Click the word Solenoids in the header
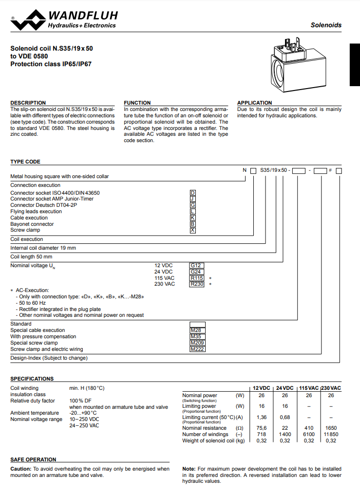click(x=326, y=25)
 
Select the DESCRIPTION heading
click(x=28, y=103)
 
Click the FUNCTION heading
click(x=137, y=103)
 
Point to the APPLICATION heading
click(x=254, y=103)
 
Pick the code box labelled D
click(x=193, y=193)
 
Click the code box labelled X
click(x=193, y=230)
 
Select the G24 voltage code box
click(x=196, y=272)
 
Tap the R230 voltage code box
click(x=197, y=284)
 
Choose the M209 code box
click(x=197, y=343)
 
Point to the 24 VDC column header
click(x=284, y=387)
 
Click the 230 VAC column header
click(x=331, y=387)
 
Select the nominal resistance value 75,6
click(x=262, y=428)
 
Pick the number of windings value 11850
click(x=331, y=434)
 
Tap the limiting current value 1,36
click(x=262, y=417)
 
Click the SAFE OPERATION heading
click(x=33, y=459)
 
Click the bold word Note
click(x=189, y=469)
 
